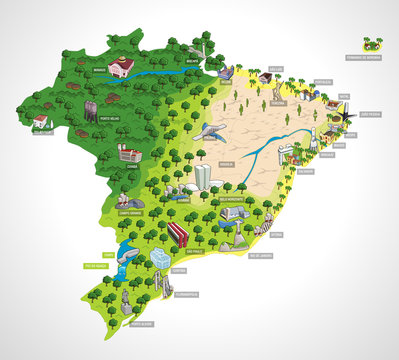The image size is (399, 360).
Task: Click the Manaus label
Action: coord(99,71)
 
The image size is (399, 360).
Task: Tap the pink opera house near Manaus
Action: coord(122,67)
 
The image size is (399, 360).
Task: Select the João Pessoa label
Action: coord(369,115)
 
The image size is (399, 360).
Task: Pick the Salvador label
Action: coord(305,170)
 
